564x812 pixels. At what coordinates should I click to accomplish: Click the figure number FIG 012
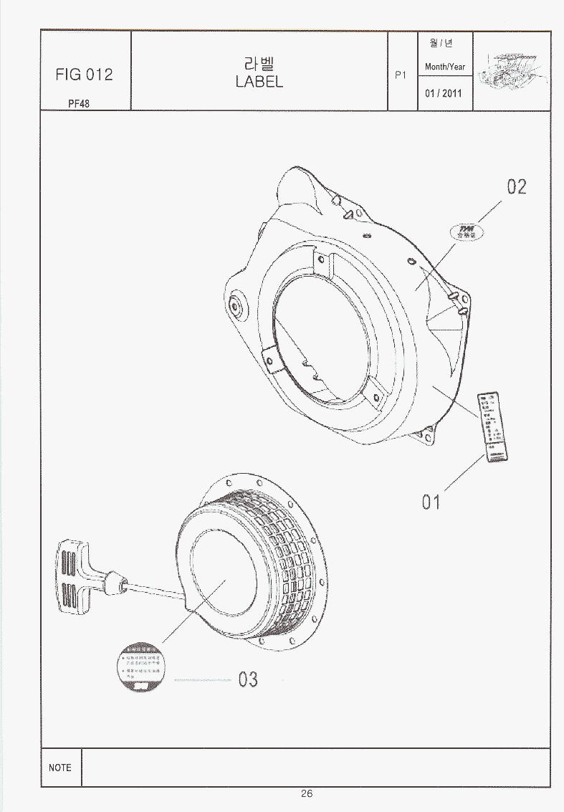pyautogui.click(x=85, y=75)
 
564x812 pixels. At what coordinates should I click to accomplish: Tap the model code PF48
pyautogui.click(x=79, y=102)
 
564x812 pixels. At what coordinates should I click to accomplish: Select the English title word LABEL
pyautogui.click(x=259, y=82)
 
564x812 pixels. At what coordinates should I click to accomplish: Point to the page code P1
pyautogui.click(x=401, y=75)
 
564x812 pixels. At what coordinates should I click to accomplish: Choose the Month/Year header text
pyautogui.click(x=445, y=67)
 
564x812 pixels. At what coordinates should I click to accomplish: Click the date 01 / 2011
pyautogui.click(x=444, y=93)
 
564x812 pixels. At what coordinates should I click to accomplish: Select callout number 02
pyautogui.click(x=517, y=187)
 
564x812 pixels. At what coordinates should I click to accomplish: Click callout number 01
pyautogui.click(x=431, y=502)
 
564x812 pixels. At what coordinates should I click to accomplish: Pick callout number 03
pyautogui.click(x=248, y=678)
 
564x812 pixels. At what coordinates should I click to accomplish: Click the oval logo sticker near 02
pyautogui.click(x=467, y=232)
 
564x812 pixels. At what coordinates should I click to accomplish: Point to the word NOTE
pyautogui.click(x=60, y=768)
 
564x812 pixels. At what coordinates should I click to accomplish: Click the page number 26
pyautogui.click(x=307, y=793)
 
